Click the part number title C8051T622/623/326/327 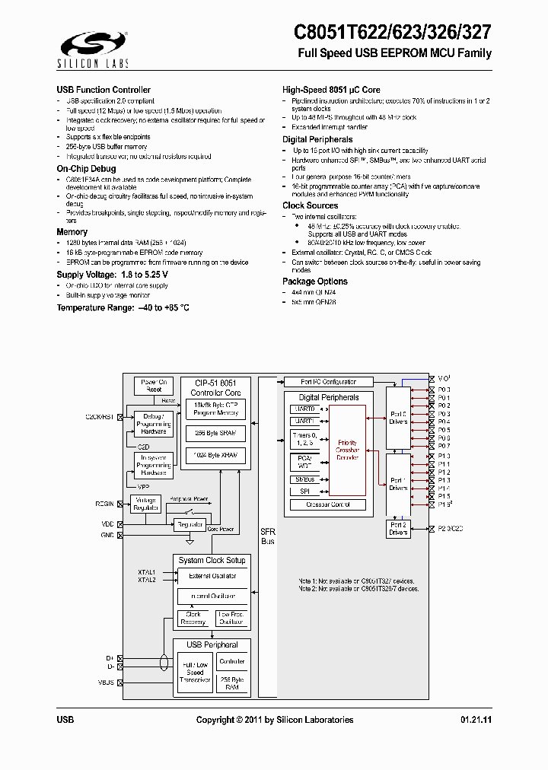click(392, 32)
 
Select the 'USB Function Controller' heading click(104, 90)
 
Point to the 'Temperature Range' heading click(123, 307)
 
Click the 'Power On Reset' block click(154, 386)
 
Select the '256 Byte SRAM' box click(215, 433)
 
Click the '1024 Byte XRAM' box click(215, 456)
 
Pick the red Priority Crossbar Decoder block click(347, 449)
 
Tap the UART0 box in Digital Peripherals click(304, 409)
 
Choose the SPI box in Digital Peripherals click(304, 491)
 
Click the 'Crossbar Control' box click(328, 504)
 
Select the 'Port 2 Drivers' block click(398, 529)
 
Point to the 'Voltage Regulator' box click(145, 504)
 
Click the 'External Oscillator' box click(212, 576)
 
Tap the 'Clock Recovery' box click(193, 618)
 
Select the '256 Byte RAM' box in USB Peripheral click(231, 682)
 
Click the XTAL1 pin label click(147, 572)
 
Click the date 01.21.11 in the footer click(476, 720)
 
